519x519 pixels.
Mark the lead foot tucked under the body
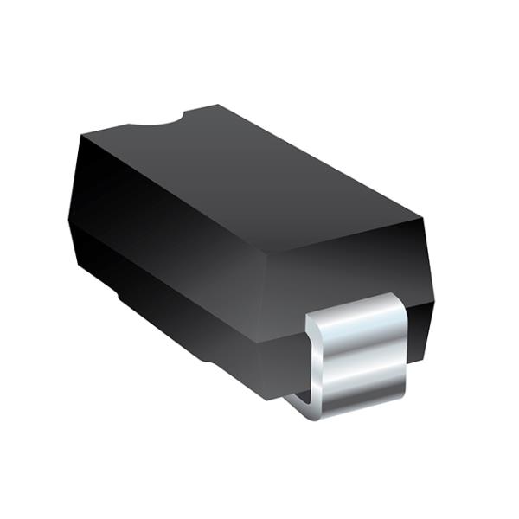[x=298, y=400]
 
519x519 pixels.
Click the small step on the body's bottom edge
[x=121, y=298]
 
